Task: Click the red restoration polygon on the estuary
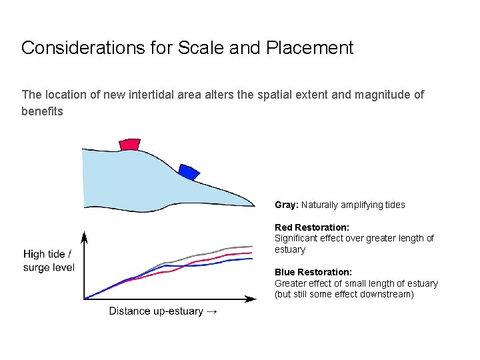(129, 145)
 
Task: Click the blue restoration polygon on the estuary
(189, 172)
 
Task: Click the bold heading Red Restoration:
(312, 227)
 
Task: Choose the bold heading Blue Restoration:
(313, 272)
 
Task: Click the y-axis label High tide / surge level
(49, 261)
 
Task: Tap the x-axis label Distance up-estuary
(157, 311)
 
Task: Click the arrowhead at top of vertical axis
(85, 235)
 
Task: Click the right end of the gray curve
(253, 247)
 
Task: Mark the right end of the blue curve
(253, 259)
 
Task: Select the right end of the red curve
(253, 253)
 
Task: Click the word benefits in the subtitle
(42, 111)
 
